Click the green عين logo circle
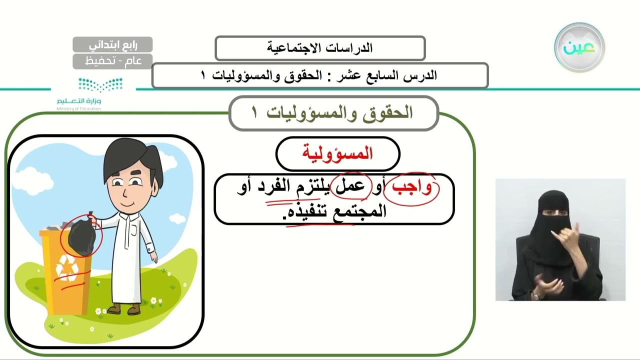tap(579, 47)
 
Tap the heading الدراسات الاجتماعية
tap(320, 48)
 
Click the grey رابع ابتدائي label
tap(112, 44)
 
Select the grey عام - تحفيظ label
tap(112, 61)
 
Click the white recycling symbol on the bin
tap(66, 268)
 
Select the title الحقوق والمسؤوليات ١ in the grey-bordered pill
tap(333, 113)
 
